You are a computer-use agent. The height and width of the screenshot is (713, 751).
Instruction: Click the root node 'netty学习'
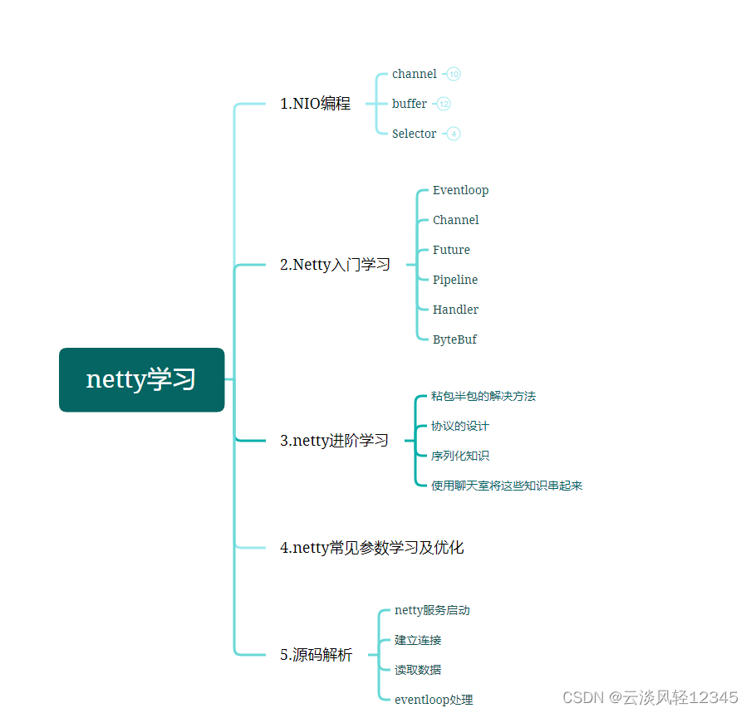tap(141, 379)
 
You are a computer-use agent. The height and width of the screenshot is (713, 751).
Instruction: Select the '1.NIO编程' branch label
tap(315, 104)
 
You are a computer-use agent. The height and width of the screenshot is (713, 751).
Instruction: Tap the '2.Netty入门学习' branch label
tap(335, 265)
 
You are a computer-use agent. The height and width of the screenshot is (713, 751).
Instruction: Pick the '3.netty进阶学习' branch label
tap(334, 441)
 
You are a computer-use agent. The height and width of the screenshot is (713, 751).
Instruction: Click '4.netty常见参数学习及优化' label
tap(371, 548)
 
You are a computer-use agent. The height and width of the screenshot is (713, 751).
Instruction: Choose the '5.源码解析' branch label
tap(316, 655)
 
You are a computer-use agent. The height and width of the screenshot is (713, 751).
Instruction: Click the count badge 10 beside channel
tap(454, 74)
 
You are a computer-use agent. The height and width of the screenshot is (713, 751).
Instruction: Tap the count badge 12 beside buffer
tap(444, 104)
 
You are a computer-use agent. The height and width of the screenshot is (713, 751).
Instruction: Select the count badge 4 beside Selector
tap(454, 134)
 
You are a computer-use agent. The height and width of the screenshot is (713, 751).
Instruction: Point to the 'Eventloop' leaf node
tap(460, 190)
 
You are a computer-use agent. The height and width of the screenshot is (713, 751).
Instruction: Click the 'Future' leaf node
tap(451, 250)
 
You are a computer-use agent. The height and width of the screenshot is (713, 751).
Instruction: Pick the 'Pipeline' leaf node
tap(455, 280)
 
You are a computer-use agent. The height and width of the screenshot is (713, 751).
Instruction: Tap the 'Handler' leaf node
tap(455, 310)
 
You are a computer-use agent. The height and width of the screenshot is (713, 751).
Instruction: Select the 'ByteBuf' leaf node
tap(454, 339)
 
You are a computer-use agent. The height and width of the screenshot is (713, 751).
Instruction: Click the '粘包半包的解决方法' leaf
tap(483, 396)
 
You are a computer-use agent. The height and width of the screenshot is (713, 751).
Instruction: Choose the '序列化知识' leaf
tap(460, 456)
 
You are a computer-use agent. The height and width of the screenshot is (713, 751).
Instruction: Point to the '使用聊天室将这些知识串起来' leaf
tap(507, 486)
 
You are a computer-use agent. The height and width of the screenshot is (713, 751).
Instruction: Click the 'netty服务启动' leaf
tap(432, 610)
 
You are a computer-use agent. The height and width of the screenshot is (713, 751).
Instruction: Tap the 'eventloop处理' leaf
tap(434, 700)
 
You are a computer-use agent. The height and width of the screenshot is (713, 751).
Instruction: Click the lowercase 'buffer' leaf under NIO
tap(410, 104)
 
